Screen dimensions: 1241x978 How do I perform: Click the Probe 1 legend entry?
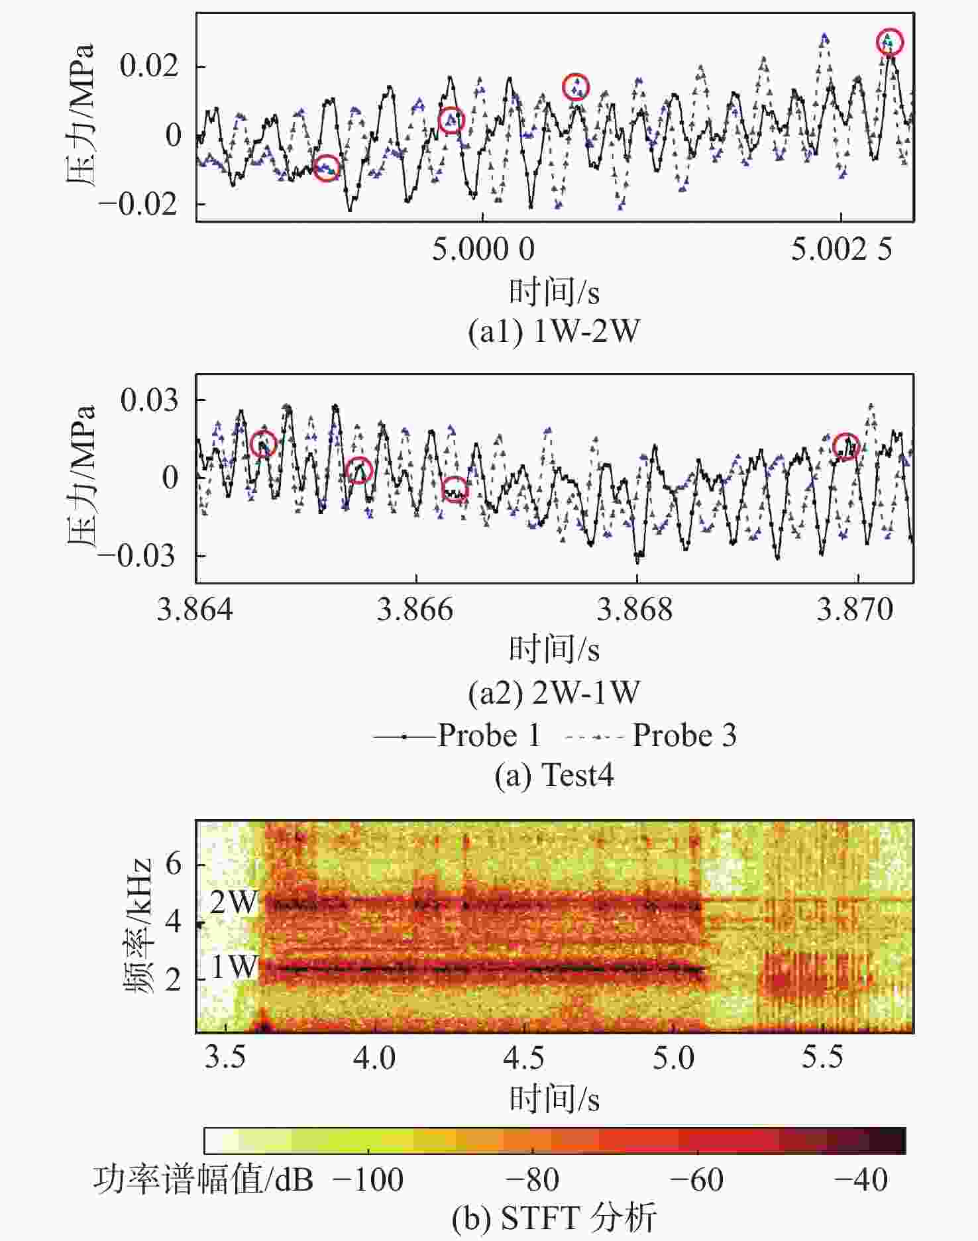pos(457,735)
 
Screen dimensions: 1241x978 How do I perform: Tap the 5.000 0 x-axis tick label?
pos(483,249)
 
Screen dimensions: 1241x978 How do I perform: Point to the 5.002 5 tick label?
pos(841,249)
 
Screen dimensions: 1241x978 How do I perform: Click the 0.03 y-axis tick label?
pos(150,400)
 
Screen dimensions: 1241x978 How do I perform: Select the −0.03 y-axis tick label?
pos(138,556)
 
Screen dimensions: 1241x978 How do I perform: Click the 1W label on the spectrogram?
pos(234,967)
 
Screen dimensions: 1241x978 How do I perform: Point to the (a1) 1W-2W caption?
pos(554,331)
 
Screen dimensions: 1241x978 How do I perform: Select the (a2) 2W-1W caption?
pos(554,693)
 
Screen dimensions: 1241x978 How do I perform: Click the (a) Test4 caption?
pos(554,775)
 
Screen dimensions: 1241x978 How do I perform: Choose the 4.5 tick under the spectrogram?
pos(523,1057)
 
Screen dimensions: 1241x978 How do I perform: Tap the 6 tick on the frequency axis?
pos(173,863)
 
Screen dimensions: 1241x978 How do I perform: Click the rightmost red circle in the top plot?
pos(890,42)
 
